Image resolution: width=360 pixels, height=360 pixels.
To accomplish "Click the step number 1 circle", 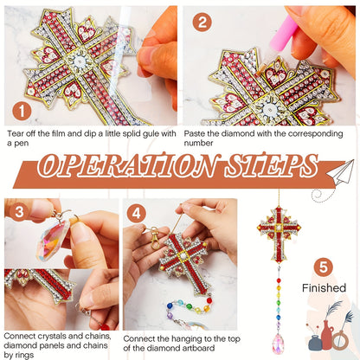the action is [22, 112].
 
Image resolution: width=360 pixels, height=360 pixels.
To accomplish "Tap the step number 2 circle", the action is [202, 22].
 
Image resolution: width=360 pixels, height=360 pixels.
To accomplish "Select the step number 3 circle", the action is [19, 212].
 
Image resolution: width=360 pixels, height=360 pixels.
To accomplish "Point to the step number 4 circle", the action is [136, 214].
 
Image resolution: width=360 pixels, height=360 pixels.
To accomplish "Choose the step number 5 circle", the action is [324, 267].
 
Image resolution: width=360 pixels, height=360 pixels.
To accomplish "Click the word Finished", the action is [324, 288].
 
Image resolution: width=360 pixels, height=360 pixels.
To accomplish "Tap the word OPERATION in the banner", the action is [129, 166].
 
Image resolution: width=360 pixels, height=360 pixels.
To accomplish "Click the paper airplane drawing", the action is [340, 172].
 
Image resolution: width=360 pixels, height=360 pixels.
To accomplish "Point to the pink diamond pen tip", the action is [263, 68].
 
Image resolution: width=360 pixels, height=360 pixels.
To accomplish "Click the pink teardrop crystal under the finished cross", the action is [278, 344].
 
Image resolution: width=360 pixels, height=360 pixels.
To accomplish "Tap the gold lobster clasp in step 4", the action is [154, 238].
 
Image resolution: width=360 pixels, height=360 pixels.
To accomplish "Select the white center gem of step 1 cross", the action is [78, 61].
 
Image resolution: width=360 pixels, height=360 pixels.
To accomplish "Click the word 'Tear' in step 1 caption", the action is [15, 134].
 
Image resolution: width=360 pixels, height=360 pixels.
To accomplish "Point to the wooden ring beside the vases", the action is [340, 340].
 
